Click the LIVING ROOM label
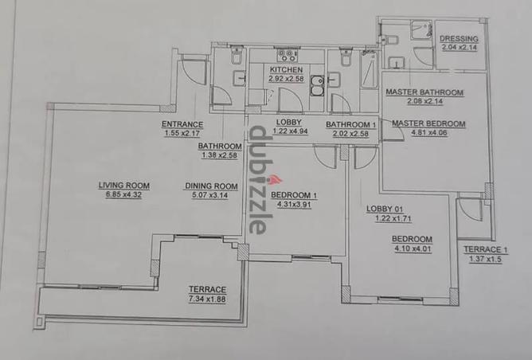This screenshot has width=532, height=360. (x=123, y=186)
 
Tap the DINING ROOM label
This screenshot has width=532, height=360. (x=211, y=186)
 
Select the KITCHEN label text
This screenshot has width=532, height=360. (x=286, y=69)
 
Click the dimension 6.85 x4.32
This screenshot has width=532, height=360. (x=123, y=195)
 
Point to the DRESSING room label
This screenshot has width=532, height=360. (x=459, y=39)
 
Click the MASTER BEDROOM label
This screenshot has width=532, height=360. (x=428, y=123)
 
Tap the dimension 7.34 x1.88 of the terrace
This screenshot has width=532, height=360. (x=207, y=299)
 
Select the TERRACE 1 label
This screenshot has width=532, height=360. (x=486, y=250)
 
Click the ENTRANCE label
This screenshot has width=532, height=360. (x=182, y=124)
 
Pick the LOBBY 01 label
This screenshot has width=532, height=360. (x=385, y=209)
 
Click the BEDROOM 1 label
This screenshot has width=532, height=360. (x=294, y=195)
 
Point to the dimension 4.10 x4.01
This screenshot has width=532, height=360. (x=413, y=248)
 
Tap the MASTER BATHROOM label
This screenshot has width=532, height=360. (x=424, y=92)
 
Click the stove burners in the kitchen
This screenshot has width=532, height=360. (x=288, y=55)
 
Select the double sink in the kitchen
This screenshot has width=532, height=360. (x=318, y=86)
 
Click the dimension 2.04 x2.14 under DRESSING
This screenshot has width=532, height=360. (x=459, y=48)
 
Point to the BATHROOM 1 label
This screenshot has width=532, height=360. (x=351, y=124)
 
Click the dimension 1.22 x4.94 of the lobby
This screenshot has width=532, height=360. (x=290, y=131)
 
